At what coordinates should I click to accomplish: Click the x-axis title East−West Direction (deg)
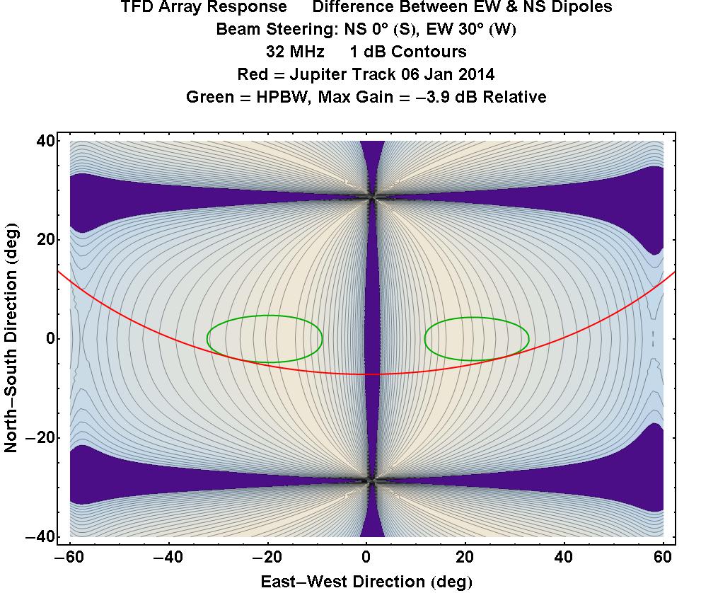[365, 582]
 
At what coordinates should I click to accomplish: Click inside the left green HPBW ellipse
[265, 338]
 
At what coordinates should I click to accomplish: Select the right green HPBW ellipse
[477, 338]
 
